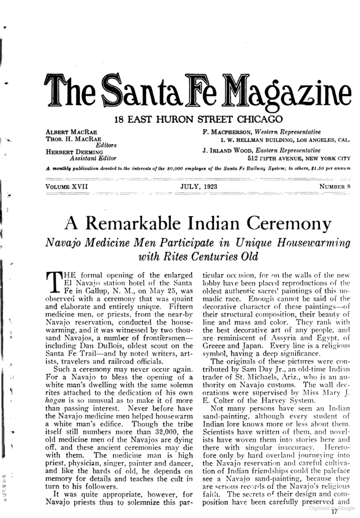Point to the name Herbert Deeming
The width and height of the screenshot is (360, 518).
74,152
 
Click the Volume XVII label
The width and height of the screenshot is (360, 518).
67,186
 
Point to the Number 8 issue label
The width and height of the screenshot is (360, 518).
335,186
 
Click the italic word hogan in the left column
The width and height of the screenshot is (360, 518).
53,401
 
